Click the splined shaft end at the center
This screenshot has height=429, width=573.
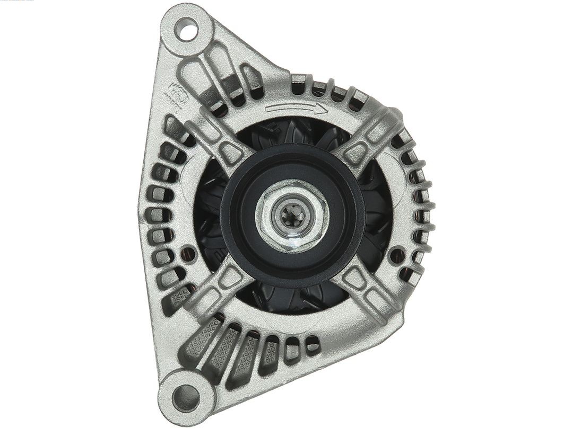point(291,214)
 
